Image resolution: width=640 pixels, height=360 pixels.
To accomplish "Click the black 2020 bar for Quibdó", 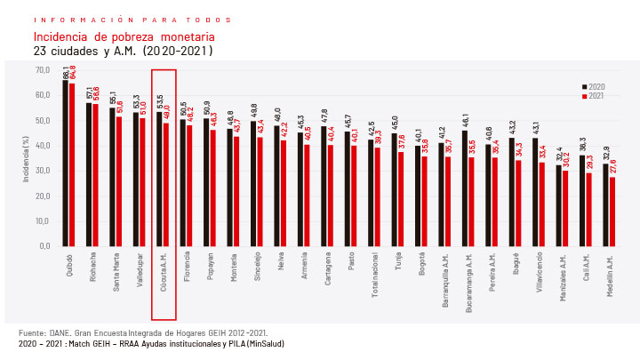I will coord(66,164).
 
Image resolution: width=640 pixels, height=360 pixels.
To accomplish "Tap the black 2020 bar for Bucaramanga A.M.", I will coord(465,188).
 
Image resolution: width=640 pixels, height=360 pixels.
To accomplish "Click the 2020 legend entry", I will coord(593,86).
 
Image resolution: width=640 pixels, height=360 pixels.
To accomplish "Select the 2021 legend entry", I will coord(593,95).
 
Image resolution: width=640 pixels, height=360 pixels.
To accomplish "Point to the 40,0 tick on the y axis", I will coord(43,145).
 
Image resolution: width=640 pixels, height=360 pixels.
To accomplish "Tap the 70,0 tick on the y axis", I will coord(43,69).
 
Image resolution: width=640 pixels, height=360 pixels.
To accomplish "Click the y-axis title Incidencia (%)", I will coord(27,158).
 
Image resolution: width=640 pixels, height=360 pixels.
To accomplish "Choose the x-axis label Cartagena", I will coord(327,268).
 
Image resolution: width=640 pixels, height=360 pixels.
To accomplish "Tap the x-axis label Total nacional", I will coord(374,273).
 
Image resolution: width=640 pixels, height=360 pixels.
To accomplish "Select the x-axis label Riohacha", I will coord(93,266).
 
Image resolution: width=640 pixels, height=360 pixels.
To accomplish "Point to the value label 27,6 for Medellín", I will coord(613,167).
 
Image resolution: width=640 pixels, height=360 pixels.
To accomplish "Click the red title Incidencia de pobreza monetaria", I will coord(124,37).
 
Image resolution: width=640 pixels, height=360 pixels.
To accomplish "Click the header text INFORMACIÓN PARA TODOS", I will coord(132,20).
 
